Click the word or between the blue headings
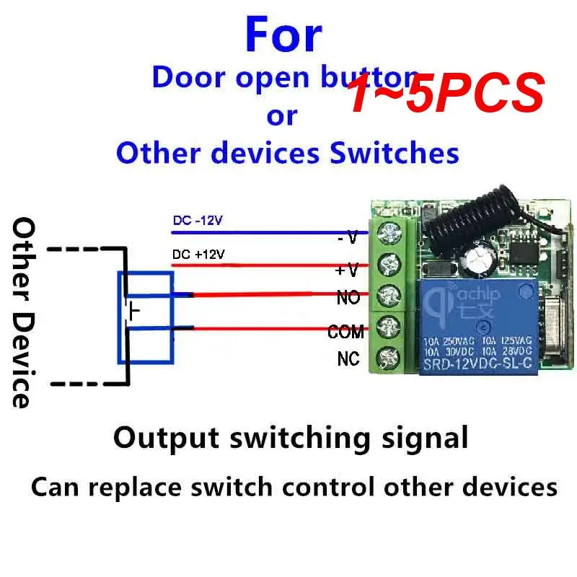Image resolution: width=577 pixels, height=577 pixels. pos(281,115)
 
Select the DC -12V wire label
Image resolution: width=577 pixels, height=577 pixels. pos(198,220)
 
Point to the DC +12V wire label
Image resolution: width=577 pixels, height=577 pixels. pos(198,255)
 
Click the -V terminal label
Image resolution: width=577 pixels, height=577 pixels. pos(348,237)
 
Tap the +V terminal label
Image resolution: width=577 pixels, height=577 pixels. pos(347,270)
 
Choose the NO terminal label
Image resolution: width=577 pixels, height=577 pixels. pos(348,296)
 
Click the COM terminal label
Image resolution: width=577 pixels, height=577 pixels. pos(345,332)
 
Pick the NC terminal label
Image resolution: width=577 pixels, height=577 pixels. pos(348,358)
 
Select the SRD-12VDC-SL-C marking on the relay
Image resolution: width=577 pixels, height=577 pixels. pos(478,365)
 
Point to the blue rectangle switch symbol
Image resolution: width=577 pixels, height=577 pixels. pos(145,317)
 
